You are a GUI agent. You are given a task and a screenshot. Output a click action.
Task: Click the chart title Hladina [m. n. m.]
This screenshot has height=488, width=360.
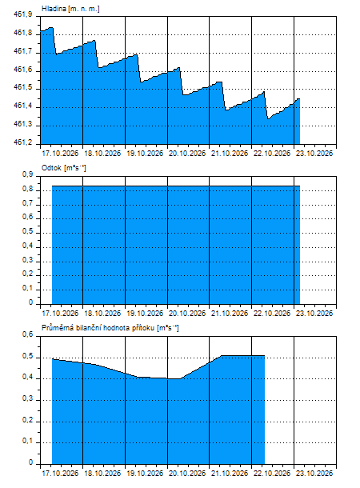coord(70,9)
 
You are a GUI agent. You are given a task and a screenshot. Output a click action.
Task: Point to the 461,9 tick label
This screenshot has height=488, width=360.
coord(22,14)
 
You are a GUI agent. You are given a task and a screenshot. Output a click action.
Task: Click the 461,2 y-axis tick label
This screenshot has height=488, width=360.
coord(22,142)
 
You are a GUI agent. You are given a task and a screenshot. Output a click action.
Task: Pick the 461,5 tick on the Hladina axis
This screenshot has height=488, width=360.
coord(22,87)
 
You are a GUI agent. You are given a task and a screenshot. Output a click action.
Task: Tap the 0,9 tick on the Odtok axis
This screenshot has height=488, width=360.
coord(27,174)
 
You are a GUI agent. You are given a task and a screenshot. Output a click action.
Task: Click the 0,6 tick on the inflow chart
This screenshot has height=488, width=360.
coord(27,334)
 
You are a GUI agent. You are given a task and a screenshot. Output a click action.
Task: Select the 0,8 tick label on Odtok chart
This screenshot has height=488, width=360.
coord(27,189)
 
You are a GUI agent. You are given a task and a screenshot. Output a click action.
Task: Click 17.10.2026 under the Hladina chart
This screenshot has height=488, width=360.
coord(60,154)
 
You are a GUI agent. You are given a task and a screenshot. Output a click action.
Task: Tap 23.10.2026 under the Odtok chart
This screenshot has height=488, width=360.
coord(314,313)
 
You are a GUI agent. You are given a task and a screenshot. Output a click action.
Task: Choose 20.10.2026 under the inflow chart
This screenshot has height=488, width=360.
coord(187,474)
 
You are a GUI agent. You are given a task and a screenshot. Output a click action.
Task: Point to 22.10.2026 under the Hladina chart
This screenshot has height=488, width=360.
coord(272,154)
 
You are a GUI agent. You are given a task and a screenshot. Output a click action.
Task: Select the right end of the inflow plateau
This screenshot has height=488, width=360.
coord(265,355)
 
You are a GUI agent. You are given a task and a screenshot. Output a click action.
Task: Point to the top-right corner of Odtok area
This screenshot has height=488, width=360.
coord(300,186)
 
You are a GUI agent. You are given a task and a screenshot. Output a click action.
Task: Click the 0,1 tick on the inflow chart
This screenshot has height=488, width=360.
coord(27,441)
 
